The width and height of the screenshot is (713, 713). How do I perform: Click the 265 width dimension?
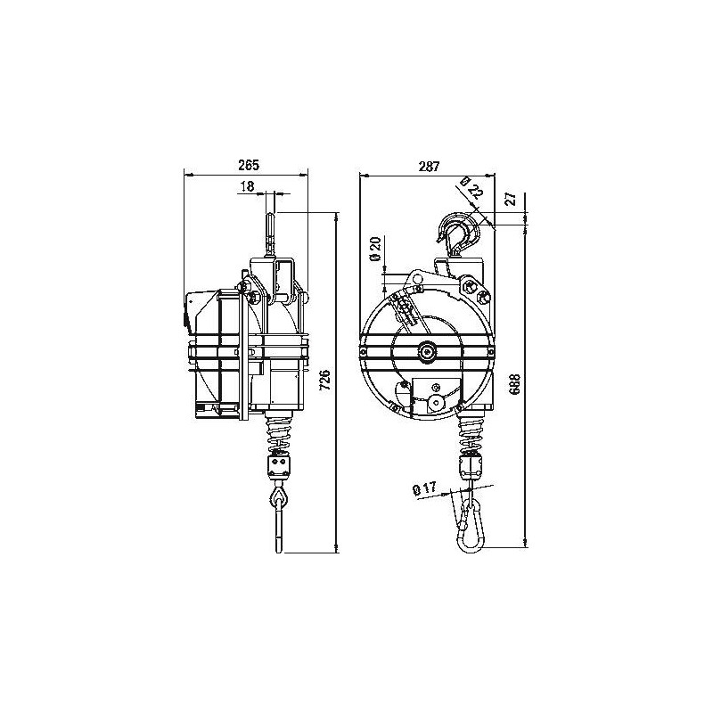point(249,166)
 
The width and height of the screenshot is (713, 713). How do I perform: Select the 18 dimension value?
point(248,186)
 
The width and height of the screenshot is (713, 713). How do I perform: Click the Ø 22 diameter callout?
point(471,189)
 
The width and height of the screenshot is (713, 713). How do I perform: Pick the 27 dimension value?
point(511,198)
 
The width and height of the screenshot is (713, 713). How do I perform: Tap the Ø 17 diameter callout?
point(423,489)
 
